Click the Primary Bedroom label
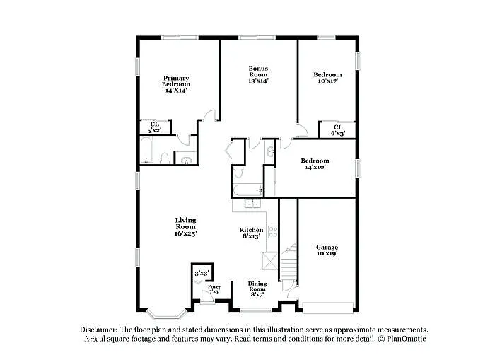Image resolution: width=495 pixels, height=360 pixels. [177, 84]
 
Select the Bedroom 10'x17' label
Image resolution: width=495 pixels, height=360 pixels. [327, 78]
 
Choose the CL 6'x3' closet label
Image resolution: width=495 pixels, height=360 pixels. [338, 130]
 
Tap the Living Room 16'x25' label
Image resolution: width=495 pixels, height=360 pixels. [186, 226]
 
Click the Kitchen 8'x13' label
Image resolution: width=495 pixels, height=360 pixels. [251, 233]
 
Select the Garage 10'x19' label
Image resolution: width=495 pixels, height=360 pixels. [327, 250]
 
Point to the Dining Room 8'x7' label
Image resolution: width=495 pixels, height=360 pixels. [257, 286]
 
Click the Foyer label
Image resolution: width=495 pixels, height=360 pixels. [214, 289]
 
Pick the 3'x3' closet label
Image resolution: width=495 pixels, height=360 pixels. [202, 272]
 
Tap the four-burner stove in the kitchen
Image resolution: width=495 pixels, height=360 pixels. [272, 231]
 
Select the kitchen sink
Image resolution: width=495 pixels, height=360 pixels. [252, 204]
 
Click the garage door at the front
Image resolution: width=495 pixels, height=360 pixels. [327, 307]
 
